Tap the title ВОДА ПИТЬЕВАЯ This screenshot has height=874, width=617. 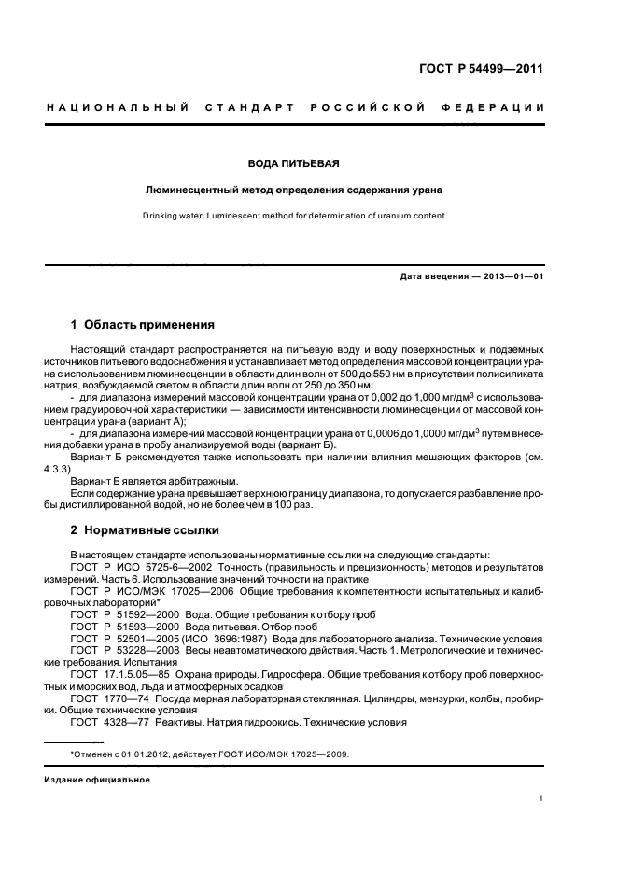tap(293, 163)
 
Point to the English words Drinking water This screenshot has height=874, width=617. tap(177, 216)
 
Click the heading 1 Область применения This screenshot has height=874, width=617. tap(143, 325)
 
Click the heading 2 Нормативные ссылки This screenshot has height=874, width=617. tap(145, 530)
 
